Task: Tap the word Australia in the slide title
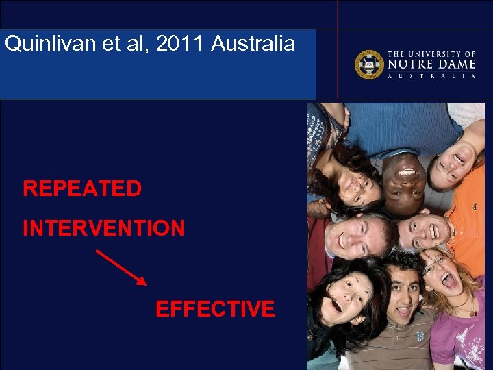(x=253, y=44)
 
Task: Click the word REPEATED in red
(x=82, y=188)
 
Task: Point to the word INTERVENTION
(x=103, y=228)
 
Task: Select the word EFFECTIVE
(x=215, y=309)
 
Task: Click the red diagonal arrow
(x=121, y=267)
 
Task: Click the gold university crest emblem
(x=368, y=64)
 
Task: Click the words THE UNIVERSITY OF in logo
(x=431, y=53)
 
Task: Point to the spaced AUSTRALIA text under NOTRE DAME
(x=431, y=76)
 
